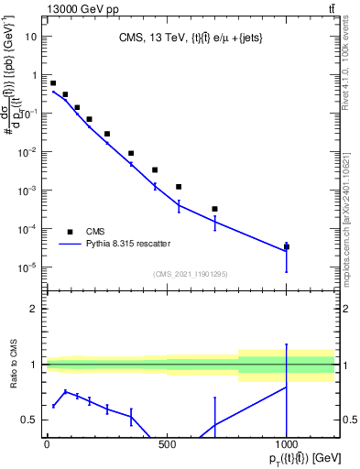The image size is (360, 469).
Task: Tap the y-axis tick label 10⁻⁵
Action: point(27,267)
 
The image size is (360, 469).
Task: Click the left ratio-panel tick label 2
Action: point(34,309)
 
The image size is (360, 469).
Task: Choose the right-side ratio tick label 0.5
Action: point(349,420)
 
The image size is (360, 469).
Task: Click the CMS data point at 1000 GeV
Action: point(287,246)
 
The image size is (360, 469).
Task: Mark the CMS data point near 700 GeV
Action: point(214,209)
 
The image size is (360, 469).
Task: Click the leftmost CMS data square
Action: point(53,83)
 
